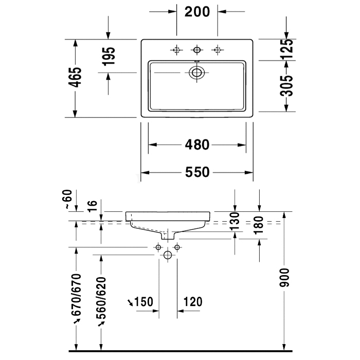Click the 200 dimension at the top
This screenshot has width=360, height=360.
(x=197, y=12)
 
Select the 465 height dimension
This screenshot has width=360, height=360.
(x=75, y=77)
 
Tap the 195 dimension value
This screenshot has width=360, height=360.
(x=109, y=56)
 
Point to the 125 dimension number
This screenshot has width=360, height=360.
(x=286, y=49)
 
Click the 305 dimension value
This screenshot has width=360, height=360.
(x=286, y=85)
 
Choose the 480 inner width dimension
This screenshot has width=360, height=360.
(x=197, y=145)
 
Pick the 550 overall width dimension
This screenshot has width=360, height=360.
(x=197, y=172)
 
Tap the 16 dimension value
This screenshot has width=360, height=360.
(x=93, y=206)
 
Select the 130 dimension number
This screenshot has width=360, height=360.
(x=235, y=221)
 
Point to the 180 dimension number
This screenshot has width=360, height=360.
(x=259, y=225)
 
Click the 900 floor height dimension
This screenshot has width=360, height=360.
(x=284, y=278)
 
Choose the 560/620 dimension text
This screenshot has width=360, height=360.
(x=101, y=298)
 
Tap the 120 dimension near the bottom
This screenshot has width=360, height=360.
(x=193, y=302)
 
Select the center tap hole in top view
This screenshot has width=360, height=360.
(x=197, y=49)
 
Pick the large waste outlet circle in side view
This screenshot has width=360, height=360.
(x=168, y=255)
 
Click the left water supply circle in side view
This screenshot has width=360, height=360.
(x=158, y=247)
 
